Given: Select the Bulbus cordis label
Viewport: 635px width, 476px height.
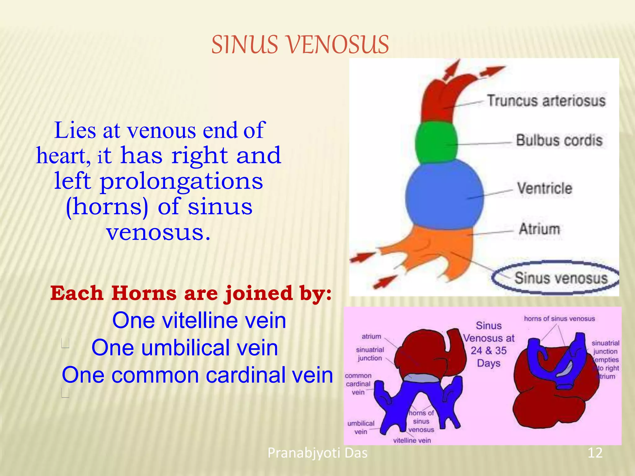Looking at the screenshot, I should [559, 140].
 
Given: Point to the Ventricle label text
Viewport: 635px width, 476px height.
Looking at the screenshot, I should [544, 188].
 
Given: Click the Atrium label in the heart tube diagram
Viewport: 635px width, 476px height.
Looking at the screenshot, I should [540, 229].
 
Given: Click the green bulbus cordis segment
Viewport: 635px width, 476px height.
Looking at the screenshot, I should [437, 143].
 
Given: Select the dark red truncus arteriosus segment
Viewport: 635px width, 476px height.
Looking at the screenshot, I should [440, 99].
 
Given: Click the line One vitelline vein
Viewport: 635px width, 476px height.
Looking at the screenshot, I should [199, 320].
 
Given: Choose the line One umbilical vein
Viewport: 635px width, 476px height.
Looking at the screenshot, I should [185, 348].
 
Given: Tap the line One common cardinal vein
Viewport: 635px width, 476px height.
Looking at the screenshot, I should [197, 375].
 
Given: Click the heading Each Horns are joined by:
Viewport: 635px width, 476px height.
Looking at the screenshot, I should [191, 293].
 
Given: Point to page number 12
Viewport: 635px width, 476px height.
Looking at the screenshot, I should [595, 453].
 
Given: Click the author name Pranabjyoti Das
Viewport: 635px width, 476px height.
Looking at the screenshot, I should [317, 453].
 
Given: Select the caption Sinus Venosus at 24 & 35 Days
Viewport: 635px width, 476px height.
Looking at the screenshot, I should [489, 344].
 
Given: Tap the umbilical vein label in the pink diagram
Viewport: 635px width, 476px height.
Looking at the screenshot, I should [361, 427].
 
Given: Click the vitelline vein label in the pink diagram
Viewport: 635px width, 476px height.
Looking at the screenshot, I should [412, 440].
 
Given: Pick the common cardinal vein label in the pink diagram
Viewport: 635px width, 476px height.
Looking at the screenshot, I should [358, 384].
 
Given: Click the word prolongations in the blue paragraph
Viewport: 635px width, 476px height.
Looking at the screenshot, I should [181, 181].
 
